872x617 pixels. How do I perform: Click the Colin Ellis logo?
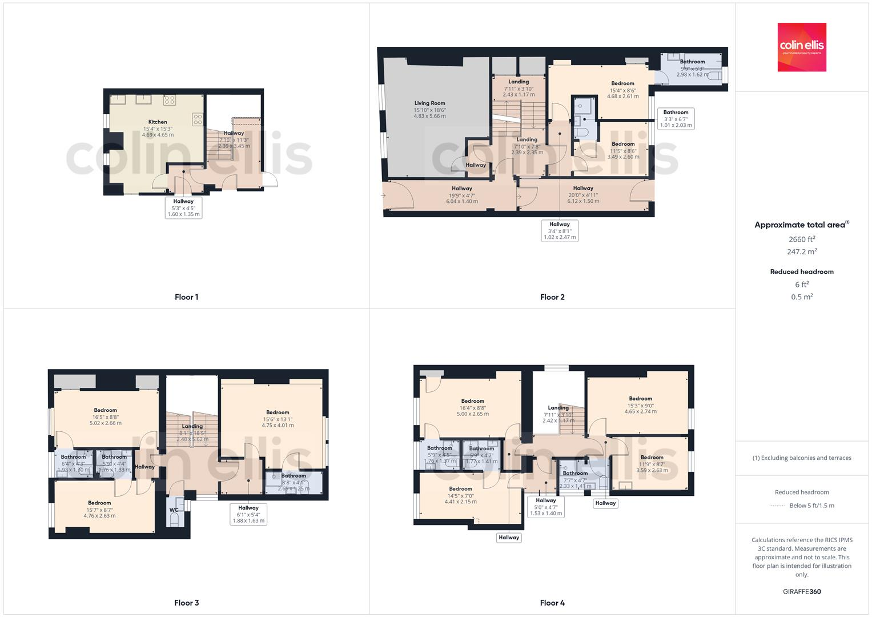[801, 47]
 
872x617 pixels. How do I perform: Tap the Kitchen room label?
[158, 122]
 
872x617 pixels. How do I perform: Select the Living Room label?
[429, 103]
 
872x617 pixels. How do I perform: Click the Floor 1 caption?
[186, 297]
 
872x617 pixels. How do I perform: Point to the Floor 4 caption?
[552, 603]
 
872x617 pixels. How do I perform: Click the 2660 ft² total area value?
[802, 239]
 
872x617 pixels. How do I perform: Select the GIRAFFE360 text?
[802, 591]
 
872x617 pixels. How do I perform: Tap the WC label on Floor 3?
[174, 510]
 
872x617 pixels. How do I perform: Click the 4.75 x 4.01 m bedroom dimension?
[278, 425]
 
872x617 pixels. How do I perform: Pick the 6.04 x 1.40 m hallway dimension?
[461, 201]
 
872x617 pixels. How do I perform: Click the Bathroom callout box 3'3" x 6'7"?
[676, 119]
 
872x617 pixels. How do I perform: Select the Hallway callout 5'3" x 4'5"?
[183, 207]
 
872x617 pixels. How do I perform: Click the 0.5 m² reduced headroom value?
[802, 297]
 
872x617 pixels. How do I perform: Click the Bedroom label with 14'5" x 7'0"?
[460, 489]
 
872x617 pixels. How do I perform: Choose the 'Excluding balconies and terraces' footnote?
[802, 458]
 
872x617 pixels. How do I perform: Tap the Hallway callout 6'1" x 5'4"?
[248, 514]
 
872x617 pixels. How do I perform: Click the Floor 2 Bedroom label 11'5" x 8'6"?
[622, 144]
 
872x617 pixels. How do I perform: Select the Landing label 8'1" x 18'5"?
[192, 426]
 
